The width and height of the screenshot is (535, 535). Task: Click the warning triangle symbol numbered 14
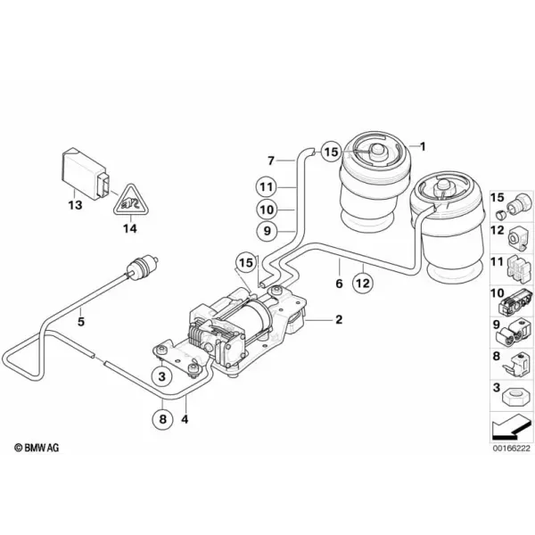(x=131, y=202)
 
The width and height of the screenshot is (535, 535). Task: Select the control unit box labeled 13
(x=88, y=174)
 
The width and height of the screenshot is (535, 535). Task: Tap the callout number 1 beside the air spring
(x=423, y=147)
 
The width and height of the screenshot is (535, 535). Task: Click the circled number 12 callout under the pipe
(x=363, y=283)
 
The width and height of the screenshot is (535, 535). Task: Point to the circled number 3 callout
(x=162, y=376)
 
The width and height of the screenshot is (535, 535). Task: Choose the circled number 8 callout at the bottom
(x=162, y=418)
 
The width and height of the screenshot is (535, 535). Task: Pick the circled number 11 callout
(x=267, y=187)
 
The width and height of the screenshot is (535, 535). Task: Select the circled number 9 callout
(x=267, y=231)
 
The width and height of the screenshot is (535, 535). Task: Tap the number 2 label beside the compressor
(x=339, y=320)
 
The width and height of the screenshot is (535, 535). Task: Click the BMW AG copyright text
(x=37, y=448)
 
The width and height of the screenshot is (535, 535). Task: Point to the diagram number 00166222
(x=511, y=448)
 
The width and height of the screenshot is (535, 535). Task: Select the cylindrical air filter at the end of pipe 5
(x=141, y=266)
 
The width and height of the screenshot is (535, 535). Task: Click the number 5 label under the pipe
(x=81, y=321)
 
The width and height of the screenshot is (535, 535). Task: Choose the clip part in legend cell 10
(x=516, y=301)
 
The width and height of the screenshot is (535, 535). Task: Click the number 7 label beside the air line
(x=271, y=160)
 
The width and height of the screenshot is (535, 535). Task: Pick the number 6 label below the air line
(x=339, y=284)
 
